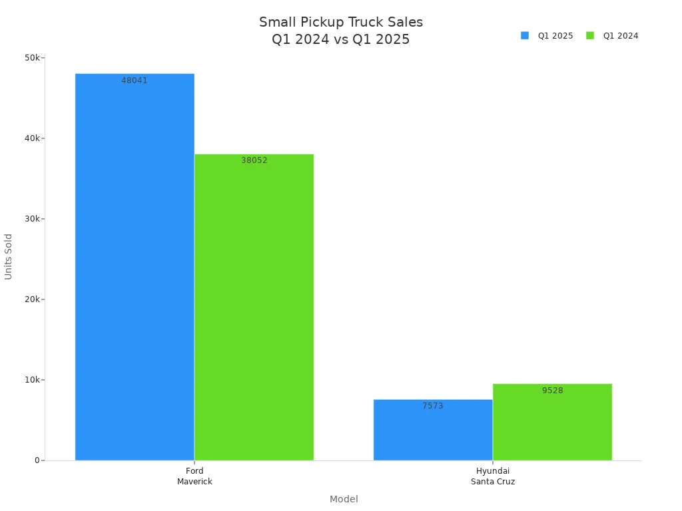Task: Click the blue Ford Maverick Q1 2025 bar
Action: tap(135, 266)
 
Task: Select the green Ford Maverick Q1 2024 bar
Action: tap(254, 307)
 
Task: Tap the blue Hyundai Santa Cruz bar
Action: tap(432, 432)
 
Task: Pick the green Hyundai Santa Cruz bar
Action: tap(552, 426)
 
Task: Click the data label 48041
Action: tap(135, 81)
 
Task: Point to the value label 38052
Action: tap(254, 160)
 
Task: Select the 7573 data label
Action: tap(432, 406)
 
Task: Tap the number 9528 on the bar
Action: tap(552, 391)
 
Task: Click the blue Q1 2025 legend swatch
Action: tap(525, 36)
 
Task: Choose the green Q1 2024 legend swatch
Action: tap(590, 36)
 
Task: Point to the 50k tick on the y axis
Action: tap(33, 58)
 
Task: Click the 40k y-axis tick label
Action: tap(33, 138)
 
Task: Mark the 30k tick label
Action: tap(33, 219)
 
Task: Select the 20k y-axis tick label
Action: tap(33, 299)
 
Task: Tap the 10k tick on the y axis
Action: tap(33, 380)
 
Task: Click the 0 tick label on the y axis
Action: tap(38, 460)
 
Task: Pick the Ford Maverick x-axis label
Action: tap(194, 476)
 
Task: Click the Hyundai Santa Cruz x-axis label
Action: tap(493, 476)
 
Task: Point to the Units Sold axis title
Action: tap(9, 256)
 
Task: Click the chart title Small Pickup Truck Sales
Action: tap(341, 23)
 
